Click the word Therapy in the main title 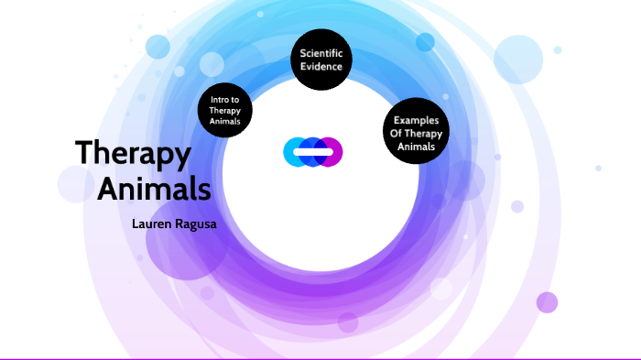(133, 154)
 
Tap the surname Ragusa (202, 223)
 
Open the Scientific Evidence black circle (320, 60)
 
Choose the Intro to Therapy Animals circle (225, 111)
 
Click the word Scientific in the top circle (320, 53)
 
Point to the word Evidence (320, 66)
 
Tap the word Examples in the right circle (416, 120)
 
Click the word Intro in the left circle (225, 99)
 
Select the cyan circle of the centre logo (295, 152)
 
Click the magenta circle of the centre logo (331, 152)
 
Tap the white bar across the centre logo (313, 152)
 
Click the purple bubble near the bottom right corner (547, 302)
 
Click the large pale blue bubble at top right (519, 60)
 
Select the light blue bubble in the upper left (158, 46)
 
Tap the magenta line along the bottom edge (320, 358)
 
